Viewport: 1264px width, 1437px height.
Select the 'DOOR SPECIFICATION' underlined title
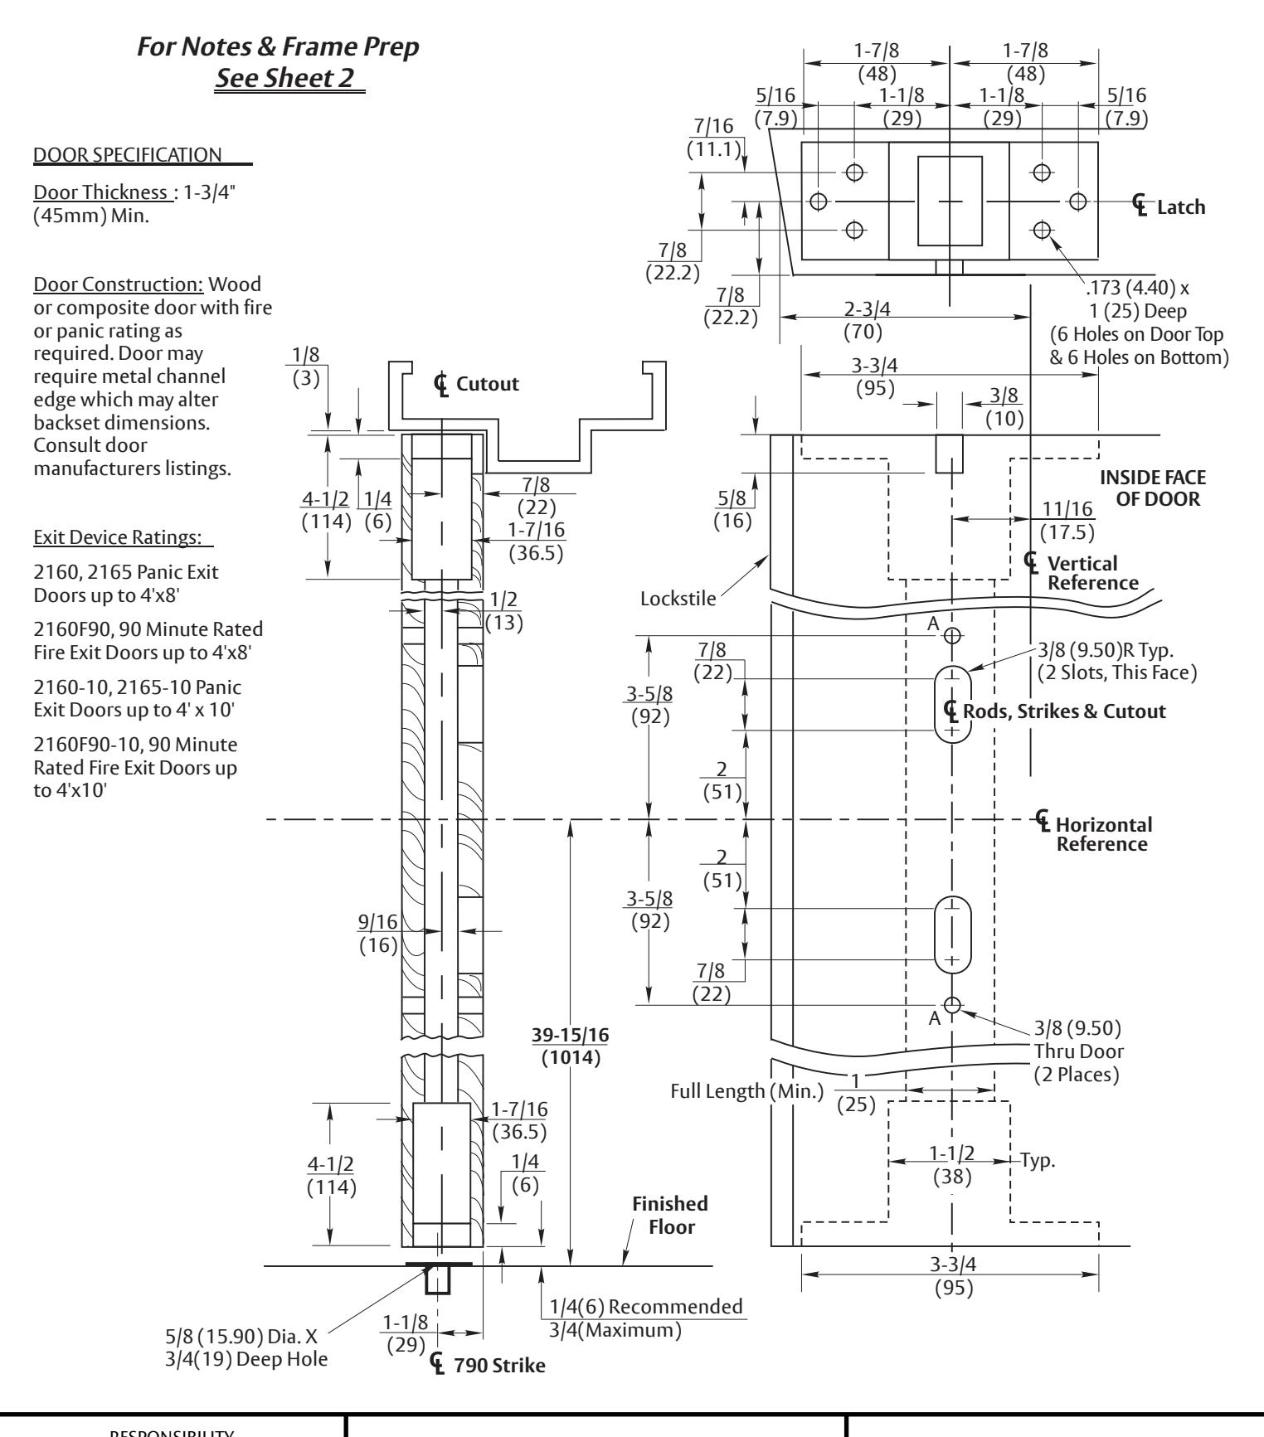click(126, 154)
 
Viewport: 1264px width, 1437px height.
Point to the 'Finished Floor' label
click(671, 1215)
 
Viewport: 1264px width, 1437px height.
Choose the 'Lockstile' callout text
click(678, 599)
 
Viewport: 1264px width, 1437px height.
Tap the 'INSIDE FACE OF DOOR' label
click(1153, 489)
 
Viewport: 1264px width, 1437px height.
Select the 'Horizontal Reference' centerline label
click(1096, 833)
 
